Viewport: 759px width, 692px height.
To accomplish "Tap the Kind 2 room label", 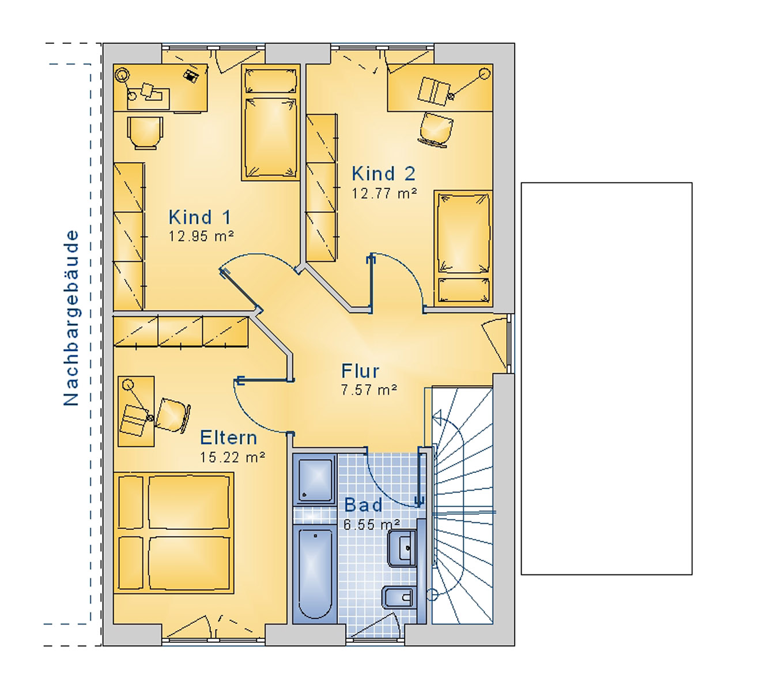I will [383, 174].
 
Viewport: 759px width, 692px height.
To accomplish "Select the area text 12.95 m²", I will [201, 236].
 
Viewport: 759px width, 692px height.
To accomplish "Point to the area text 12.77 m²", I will [384, 194].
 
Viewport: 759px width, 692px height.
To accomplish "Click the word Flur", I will [360, 371].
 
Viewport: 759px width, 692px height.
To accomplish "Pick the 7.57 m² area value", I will [369, 390].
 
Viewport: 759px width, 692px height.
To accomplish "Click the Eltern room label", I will [228, 438].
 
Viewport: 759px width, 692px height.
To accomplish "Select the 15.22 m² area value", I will [232, 457].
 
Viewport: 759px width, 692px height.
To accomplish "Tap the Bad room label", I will [363, 505].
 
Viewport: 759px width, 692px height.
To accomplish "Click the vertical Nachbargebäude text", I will [71, 318].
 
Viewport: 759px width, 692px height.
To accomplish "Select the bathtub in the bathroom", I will [315, 574].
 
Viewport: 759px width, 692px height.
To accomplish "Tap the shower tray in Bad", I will [315, 479].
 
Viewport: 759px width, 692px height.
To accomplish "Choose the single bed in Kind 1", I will [270, 123].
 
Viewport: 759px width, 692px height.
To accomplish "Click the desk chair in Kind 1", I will [145, 133].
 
